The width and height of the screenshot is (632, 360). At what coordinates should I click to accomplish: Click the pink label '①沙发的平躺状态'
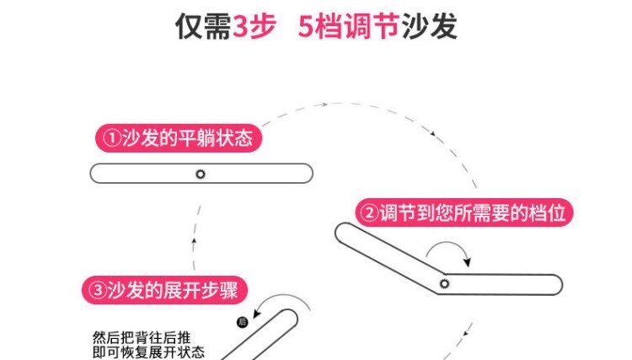[177, 137]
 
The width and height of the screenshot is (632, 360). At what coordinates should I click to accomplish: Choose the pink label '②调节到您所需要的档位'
[466, 212]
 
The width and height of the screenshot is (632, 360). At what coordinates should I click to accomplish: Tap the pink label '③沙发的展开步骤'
[165, 291]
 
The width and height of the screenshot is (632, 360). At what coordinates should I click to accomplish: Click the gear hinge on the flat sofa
[200, 174]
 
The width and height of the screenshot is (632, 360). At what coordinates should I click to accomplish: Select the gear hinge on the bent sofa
[444, 283]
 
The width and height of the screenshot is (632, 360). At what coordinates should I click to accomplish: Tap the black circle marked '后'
[243, 322]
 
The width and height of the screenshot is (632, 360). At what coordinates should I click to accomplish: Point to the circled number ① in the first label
[110, 138]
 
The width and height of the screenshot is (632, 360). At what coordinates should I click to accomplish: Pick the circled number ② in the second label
[369, 213]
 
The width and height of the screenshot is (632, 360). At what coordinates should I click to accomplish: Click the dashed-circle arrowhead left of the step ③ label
[194, 242]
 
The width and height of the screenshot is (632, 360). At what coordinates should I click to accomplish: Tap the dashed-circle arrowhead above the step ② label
[432, 133]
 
